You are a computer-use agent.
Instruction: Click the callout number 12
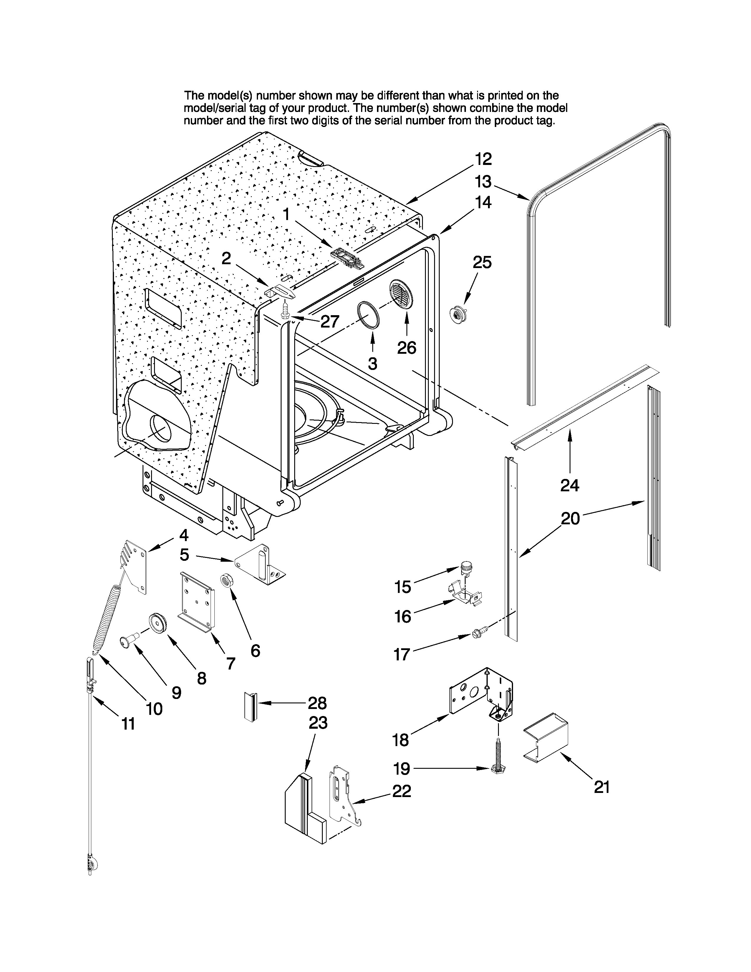[x=483, y=159]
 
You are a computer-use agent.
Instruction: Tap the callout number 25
[x=482, y=262]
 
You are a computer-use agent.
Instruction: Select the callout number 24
[x=570, y=485]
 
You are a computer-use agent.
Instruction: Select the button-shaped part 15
[x=466, y=566]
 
